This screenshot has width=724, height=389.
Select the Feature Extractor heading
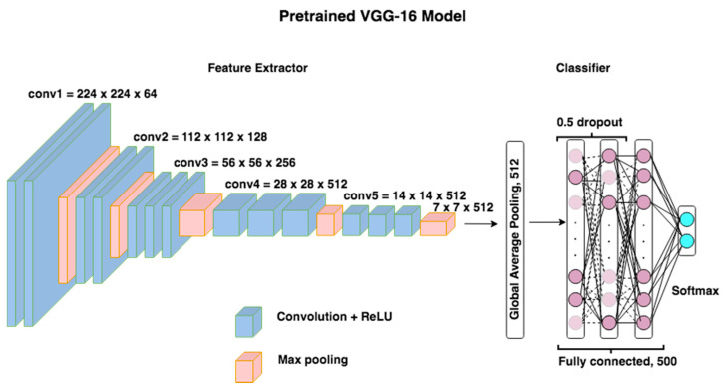[x=256, y=68]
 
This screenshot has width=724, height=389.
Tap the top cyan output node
[x=686, y=220]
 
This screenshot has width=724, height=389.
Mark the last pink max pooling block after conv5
[x=434, y=227]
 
